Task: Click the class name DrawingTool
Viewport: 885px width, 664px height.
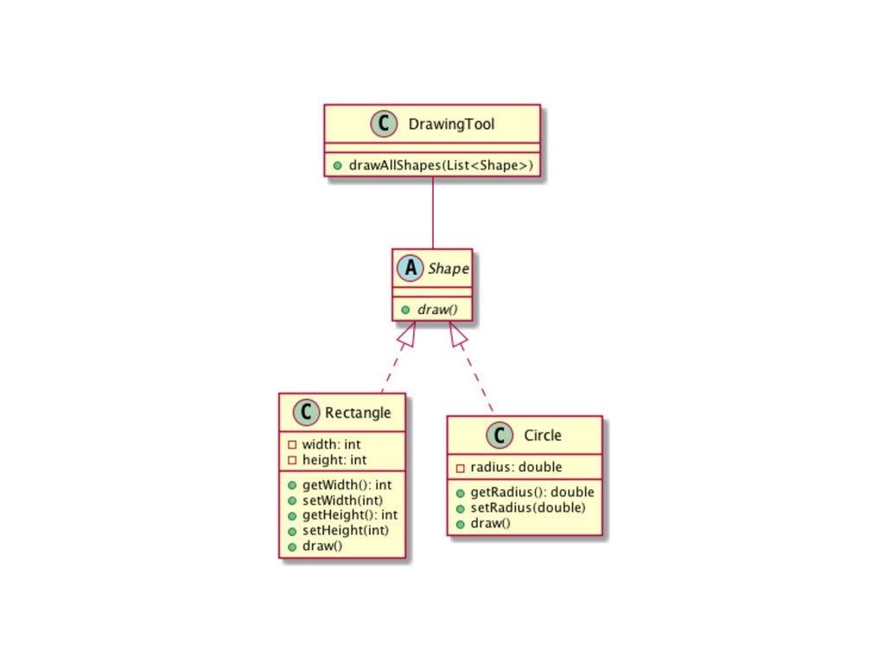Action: (463, 124)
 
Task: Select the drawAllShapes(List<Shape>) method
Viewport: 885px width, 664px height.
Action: (440, 165)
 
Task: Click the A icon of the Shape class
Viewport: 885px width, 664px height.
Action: (409, 268)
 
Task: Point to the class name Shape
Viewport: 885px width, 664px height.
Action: (447, 269)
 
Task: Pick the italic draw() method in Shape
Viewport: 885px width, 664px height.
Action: (438, 309)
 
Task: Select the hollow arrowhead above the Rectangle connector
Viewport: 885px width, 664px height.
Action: (407, 333)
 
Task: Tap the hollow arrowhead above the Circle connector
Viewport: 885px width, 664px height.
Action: (457, 333)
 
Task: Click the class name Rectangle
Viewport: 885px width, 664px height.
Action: (358, 412)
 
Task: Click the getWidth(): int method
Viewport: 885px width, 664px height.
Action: (347, 485)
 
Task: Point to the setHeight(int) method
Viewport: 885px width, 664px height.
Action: (345, 530)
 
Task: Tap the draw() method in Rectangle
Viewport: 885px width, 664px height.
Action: (322, 546)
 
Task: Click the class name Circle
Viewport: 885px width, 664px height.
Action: (543, 435)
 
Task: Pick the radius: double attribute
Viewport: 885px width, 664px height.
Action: (516, 467)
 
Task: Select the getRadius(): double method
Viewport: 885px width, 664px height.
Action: (532, 492)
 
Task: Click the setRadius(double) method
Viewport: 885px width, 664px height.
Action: (527, 508)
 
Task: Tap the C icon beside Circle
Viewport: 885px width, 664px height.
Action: (499, 435)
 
